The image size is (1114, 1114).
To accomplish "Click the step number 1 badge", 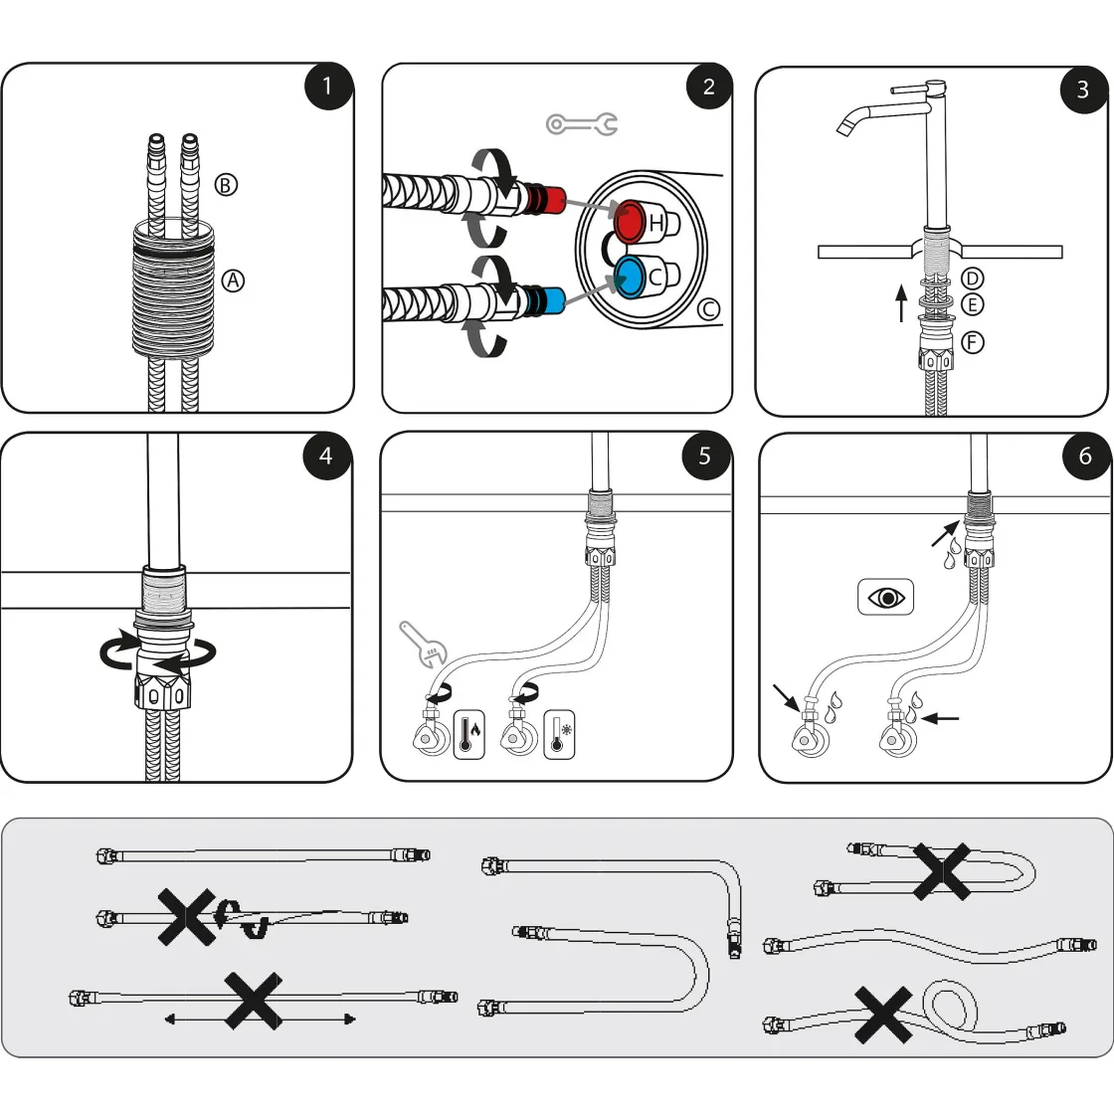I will coord(327,88).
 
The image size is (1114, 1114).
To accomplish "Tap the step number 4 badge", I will coord(326,457).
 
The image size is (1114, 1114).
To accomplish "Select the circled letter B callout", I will coord(227,184).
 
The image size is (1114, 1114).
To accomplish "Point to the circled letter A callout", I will coord(232,280).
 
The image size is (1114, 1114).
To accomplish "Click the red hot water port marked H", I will coord(631,221).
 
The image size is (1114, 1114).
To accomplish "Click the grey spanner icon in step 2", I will coord(582,124).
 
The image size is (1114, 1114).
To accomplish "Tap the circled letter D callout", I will coord(973,279).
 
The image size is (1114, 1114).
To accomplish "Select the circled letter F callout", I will coord(973,342).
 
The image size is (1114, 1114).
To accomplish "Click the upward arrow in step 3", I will coord(901,302).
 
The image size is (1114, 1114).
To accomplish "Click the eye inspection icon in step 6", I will coord(885,598).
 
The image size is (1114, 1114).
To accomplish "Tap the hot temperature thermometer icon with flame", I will coord(469,736).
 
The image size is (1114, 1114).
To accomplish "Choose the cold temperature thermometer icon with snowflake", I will coord(559,736).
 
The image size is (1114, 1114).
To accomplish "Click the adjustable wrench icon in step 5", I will coord(424,644).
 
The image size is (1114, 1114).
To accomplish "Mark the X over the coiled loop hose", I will coord(885,1015).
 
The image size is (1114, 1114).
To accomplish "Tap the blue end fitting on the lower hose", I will coord(548,297).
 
